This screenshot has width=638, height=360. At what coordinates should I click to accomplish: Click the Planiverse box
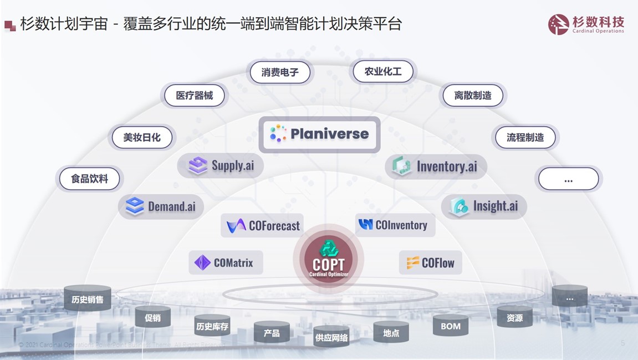[x=319, y=134]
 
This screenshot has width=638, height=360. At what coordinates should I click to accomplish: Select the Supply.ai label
[x=221, y=165]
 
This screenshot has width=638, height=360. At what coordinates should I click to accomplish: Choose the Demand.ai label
[x=161, y=207]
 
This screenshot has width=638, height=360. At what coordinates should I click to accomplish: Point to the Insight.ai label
[x=484, y=206]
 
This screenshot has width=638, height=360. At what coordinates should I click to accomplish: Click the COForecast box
[x=262, y=225]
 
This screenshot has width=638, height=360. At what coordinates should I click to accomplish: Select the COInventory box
[x=395, y=225]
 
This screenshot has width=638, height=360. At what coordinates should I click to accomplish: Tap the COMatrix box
[x=226, y=262]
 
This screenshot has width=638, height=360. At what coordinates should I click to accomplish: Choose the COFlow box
[x=430, y=262]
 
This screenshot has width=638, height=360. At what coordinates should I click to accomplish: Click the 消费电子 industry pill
[x=280, y=72]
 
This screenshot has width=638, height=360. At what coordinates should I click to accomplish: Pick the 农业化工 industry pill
[x=383, y=72]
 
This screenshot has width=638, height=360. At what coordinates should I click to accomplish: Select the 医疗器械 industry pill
[x=195, y=95]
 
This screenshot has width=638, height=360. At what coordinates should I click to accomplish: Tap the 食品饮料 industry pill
[x=89, y=179]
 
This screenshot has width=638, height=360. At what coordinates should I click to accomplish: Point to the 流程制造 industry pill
[x=525, y=137]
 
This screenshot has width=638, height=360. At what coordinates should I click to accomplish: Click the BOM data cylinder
[x=451, y=326]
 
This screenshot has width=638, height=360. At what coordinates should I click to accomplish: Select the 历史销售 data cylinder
[x=87, y=300]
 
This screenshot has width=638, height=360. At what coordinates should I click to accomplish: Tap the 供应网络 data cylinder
[x=331, y=336]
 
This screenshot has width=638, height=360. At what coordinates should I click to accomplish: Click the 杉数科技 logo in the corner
[x=586, y=24]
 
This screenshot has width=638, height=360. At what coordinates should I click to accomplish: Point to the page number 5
[x=622, y=343]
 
